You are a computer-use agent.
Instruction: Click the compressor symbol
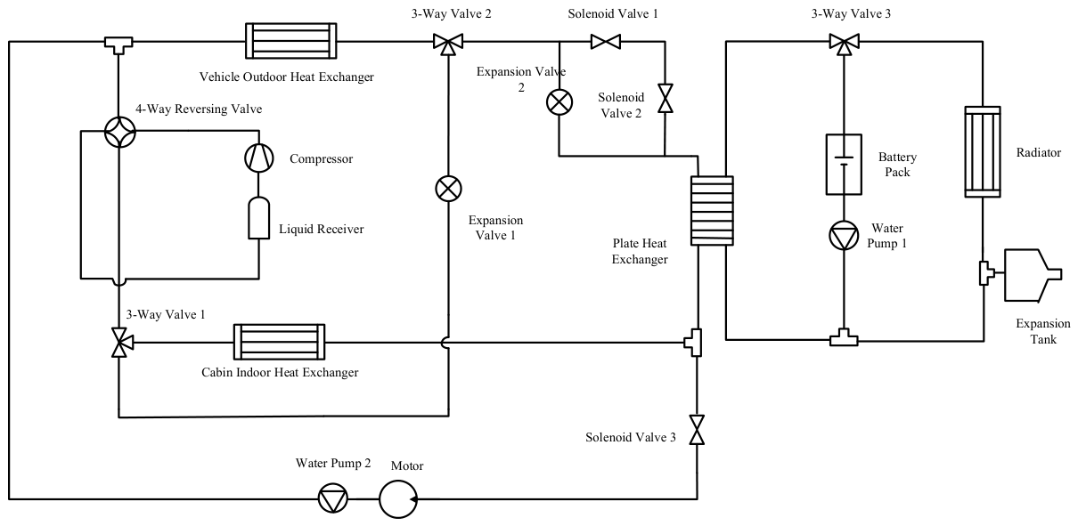259,158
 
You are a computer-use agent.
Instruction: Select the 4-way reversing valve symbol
120,132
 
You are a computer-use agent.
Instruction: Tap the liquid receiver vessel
259,218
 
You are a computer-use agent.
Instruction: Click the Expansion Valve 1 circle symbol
448,189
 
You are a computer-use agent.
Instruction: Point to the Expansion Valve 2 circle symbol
559,102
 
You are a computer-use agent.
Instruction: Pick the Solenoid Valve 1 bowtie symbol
606,42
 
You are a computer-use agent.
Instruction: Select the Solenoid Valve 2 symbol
666,99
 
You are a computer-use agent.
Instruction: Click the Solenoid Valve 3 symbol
697,430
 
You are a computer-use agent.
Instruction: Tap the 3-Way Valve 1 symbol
120,343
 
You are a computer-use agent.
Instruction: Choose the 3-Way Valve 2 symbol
448,44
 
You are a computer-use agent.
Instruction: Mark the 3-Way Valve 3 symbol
844,44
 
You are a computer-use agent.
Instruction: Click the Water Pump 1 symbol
844,236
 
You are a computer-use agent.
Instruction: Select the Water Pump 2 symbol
333,498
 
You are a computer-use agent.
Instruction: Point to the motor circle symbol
398,499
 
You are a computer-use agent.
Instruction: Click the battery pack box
844,165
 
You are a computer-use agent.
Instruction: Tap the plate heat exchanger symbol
712,211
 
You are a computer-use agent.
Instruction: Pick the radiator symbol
983,152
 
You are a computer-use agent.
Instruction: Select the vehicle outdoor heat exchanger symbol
291,41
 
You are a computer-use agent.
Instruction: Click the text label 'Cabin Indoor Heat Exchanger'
280,373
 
